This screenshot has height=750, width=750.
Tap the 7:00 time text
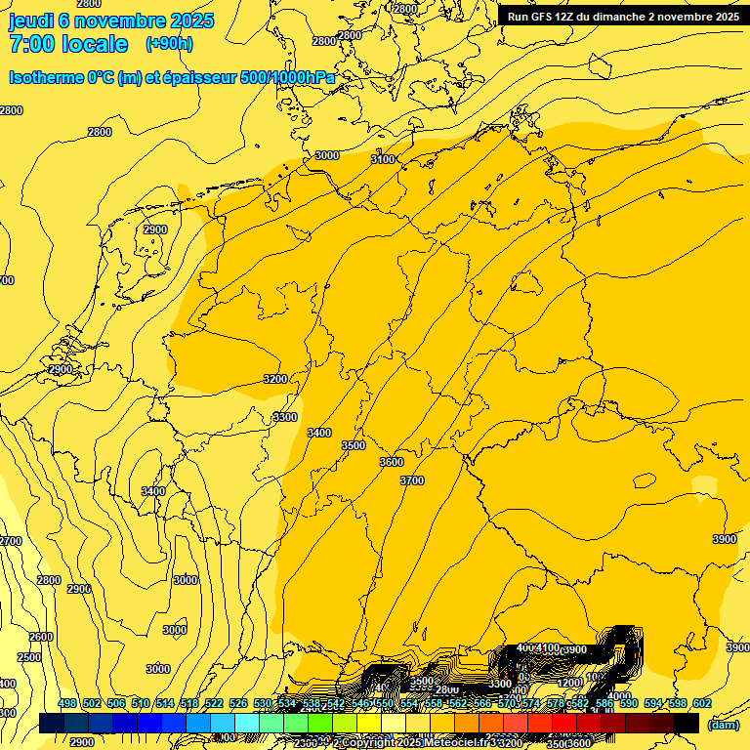click(35, 45)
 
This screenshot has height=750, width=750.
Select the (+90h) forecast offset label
click(169, 44)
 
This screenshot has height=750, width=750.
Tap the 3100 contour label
click(383, 159)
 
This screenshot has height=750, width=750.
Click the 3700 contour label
click(412, 480)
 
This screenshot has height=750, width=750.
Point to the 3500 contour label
click(354, 445)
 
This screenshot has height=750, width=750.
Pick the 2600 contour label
click(41, 637)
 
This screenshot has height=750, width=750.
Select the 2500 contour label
click(29, 657)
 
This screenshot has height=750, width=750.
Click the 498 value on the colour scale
click(67, 704)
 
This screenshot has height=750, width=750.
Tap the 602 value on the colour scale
click(702, 704)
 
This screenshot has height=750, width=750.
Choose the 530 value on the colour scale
click(263, 704)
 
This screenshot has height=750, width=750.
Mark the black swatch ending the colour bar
click(687, 723)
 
